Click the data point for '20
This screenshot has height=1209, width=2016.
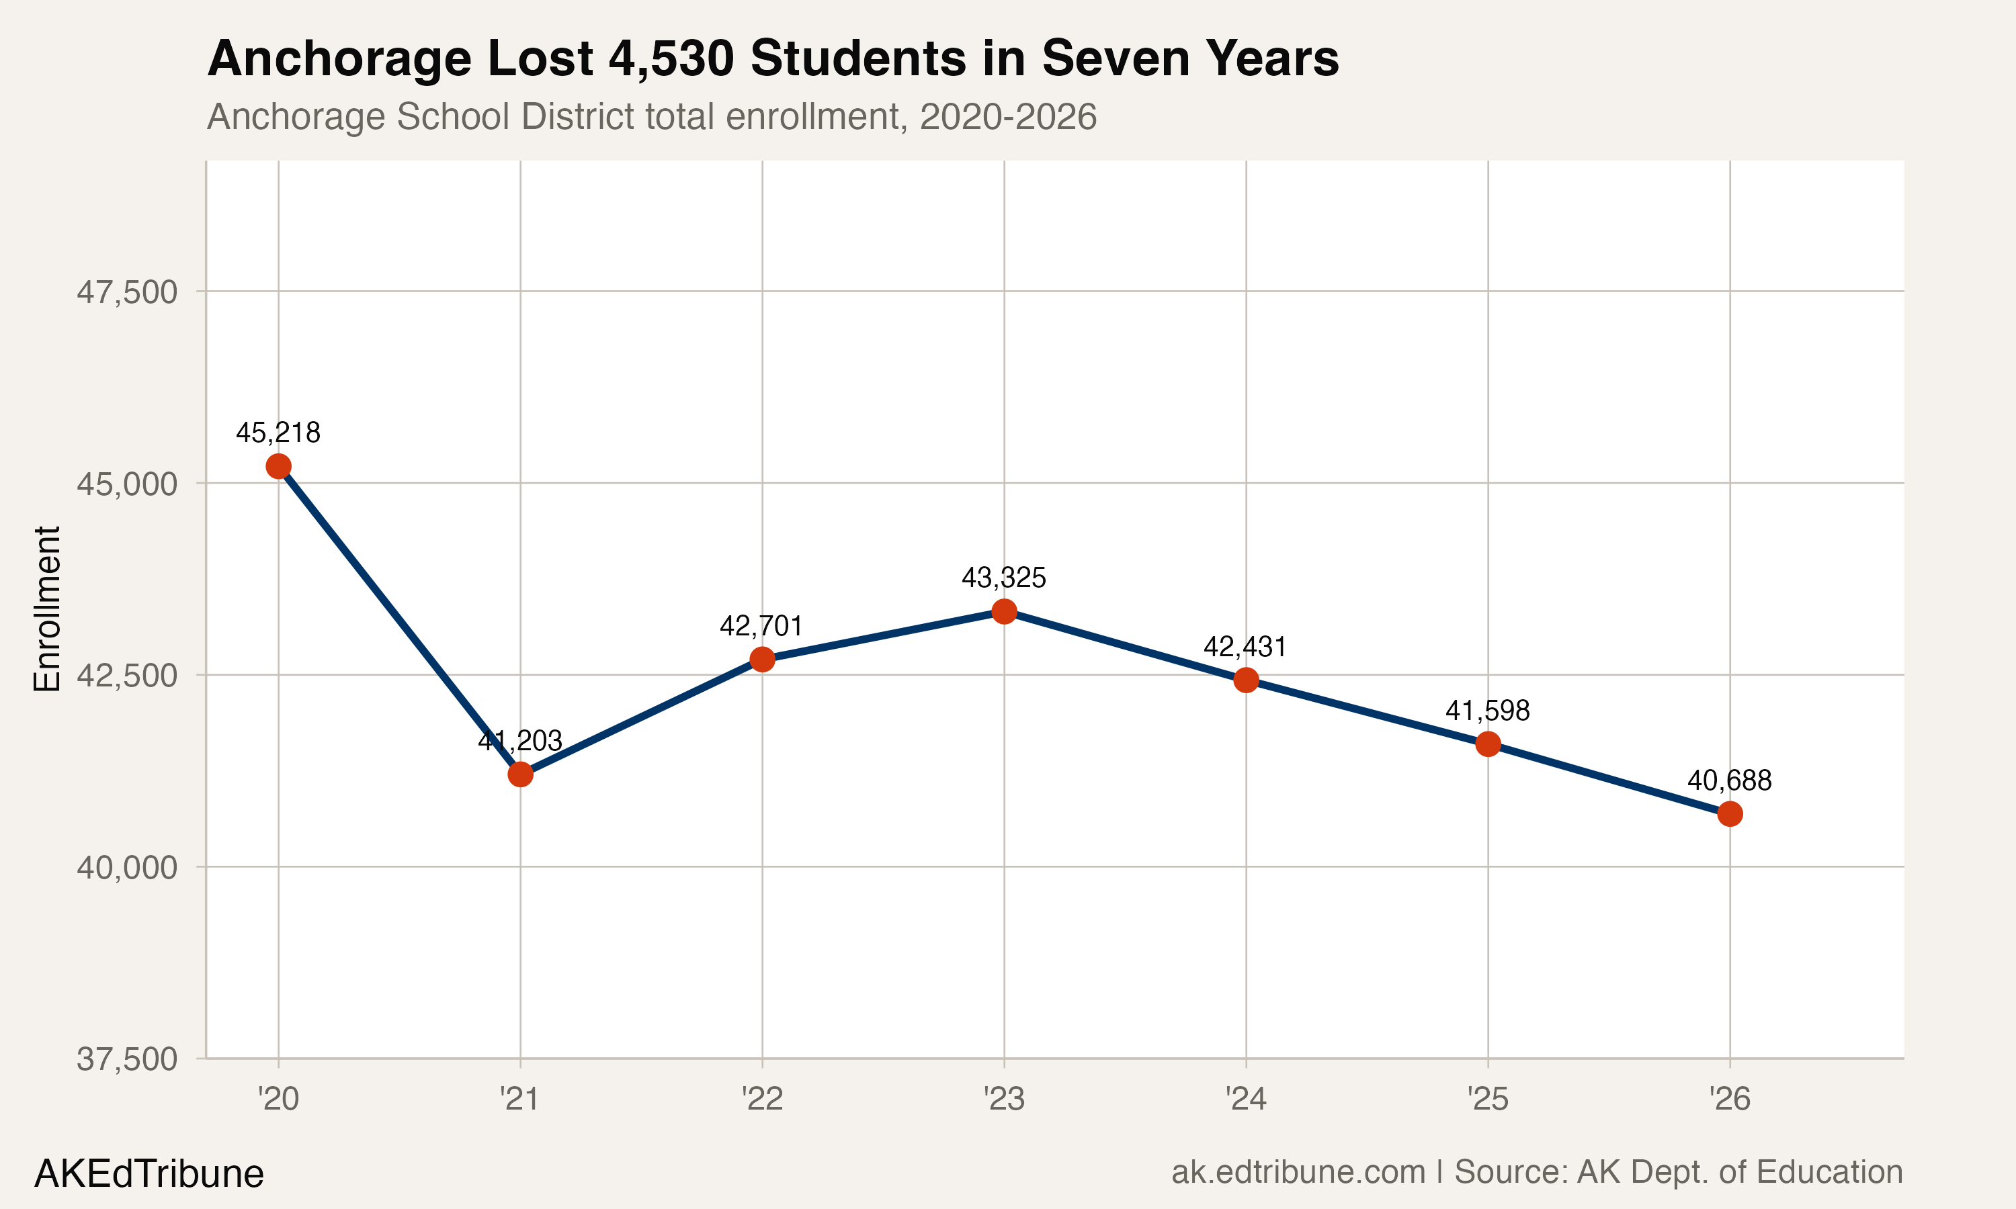pos(279,466)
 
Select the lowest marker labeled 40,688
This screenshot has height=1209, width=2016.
pos(1729,814)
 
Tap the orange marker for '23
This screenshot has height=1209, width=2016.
pos(1004,611)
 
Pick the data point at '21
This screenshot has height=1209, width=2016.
pos(520,774)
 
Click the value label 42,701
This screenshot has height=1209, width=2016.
pos(761,626)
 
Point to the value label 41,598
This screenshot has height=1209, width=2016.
pos(1487,711)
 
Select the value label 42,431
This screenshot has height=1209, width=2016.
pos(1245,647)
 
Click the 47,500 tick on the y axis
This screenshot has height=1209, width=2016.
pos(127,292)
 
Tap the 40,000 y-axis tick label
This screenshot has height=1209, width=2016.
pos(127,868)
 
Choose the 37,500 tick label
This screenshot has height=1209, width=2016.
pos(127,1060)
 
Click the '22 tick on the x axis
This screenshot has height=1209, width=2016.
pos(762,1100)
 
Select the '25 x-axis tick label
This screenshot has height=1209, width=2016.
pos(1488,1100)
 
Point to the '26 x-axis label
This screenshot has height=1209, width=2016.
pos(1729,1100)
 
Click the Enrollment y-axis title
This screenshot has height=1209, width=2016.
pos(47,609)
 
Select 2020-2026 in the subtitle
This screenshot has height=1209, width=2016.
pos(1007,116)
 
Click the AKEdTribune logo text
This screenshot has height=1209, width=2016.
pos(149,1174)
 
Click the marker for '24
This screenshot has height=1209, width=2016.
pos(1245,680)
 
